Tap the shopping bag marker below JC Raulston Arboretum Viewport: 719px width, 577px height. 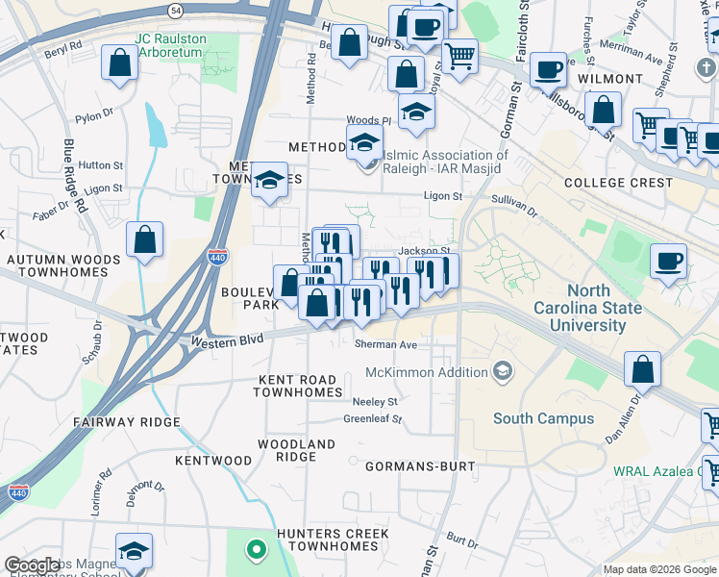tap(119, 63)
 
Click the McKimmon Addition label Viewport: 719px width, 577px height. tap(426, 372)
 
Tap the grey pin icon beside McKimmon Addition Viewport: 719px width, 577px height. tap(501, 371)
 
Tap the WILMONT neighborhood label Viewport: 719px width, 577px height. tap(609, 78)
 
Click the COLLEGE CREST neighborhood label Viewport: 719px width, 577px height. tap(618, 183)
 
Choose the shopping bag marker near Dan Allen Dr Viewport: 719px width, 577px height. tap(642, 369)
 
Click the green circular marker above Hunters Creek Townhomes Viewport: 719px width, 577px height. tap(255, 551)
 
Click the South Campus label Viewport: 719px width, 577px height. tap(543, 418)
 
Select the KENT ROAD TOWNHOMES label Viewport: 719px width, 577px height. tap(299, 386)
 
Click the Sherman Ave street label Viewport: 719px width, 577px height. tap(385, 344)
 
